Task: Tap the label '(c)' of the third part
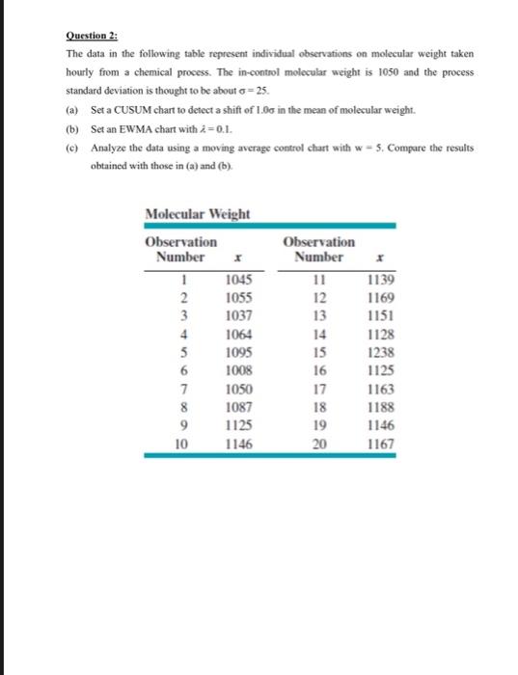click(72, 148)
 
